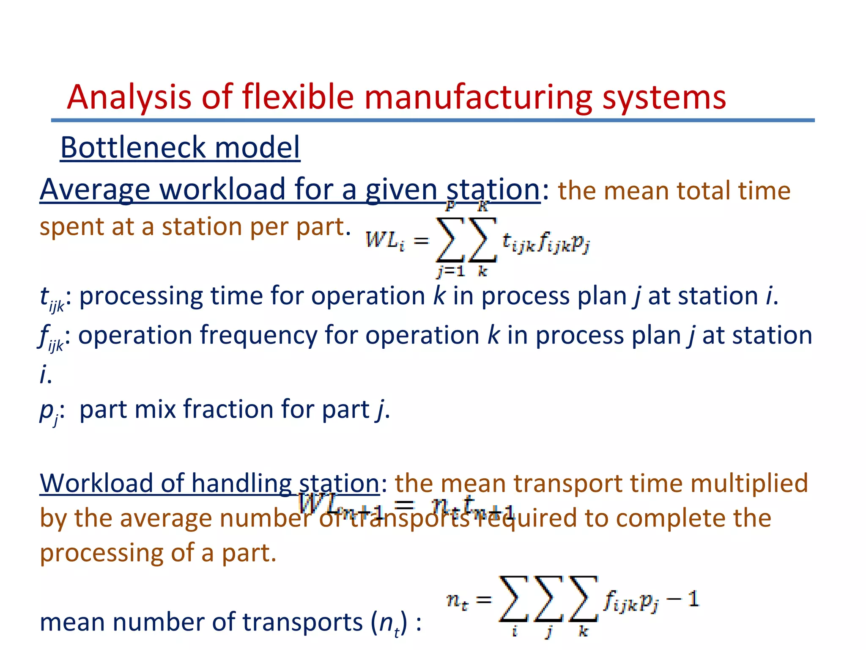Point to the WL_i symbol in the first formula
pos(385,241)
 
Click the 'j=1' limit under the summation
pos(451,270)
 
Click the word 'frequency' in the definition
pos(258,335)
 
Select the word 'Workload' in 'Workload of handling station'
pos(96,483)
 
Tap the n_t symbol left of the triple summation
pos(457,600)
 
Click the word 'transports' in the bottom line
pos(302,622)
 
